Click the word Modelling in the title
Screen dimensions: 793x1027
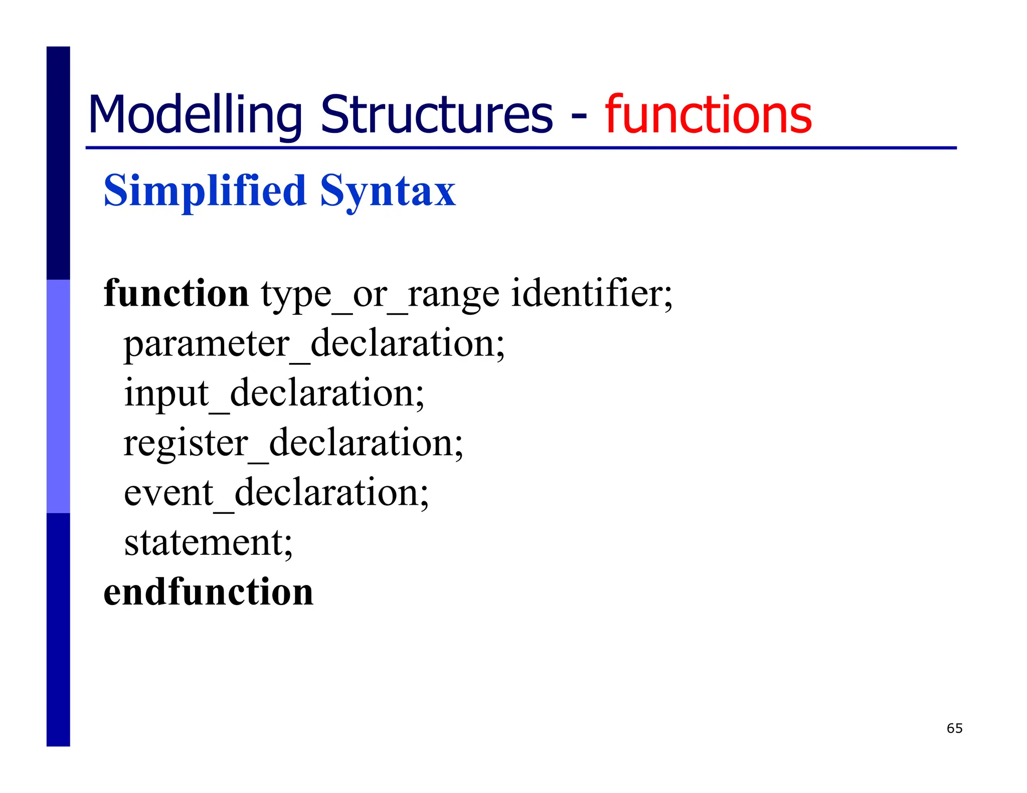[x=195, y=115]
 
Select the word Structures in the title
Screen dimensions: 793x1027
[x=436, y=115]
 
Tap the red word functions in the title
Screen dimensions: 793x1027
[x=708, y=115]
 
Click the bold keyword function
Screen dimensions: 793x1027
[x=176, y=293]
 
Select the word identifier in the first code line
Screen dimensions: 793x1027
[x=587, y=293]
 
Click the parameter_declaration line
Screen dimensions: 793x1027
[x=314, y=344]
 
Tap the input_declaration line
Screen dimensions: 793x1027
[x=274, y=394]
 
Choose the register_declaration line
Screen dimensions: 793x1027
[x=293, y=444]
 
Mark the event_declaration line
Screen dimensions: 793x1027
[x=276, y=493]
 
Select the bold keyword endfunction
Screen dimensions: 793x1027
[x=209, y=592]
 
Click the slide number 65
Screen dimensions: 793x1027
[x=954, y=728]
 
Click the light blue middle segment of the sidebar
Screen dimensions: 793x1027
[x=58, y=396]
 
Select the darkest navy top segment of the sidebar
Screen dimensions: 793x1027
[x=58, y=163]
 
